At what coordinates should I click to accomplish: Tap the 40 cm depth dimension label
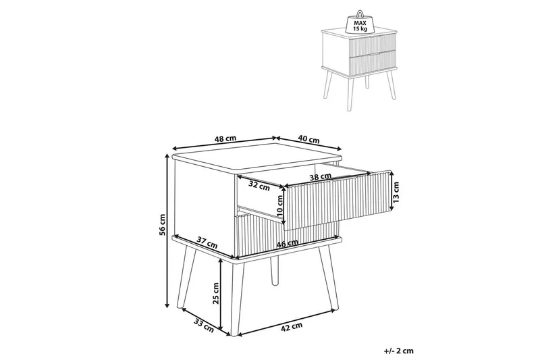point(308,140)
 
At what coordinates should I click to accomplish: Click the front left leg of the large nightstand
point(190,276)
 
